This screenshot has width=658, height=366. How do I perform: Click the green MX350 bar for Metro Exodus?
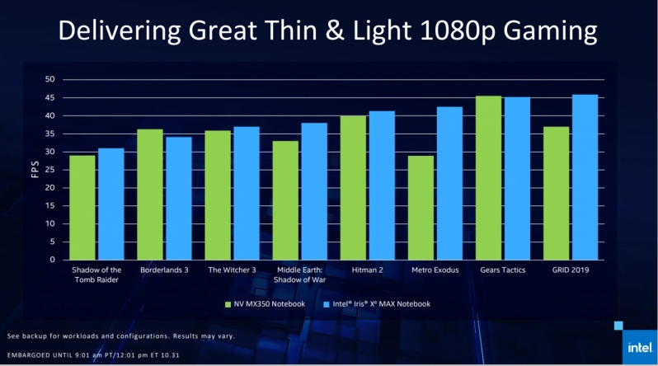(420, 208)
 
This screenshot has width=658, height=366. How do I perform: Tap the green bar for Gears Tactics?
(488, 178)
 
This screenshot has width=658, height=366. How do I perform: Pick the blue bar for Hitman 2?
(382, 185)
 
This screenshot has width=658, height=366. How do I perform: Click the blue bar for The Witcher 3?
(246, 193)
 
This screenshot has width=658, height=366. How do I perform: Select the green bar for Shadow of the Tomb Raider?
(82, 208)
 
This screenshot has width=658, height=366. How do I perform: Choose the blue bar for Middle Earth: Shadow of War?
(314, 191)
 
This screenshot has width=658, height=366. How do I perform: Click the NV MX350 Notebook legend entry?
(264, 304)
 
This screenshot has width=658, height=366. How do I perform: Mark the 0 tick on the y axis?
(52, 260)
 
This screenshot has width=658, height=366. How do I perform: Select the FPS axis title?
(32, 170)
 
